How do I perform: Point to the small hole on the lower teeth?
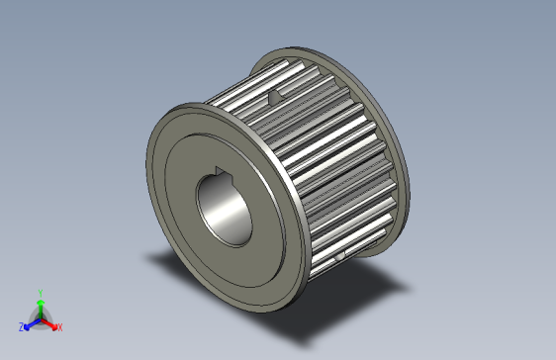pos(339,257)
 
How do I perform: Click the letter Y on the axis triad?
pos(40,292)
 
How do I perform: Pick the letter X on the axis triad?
pos(59,326)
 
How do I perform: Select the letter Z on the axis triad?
pos(21,326)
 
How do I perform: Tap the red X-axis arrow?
pos(50,322)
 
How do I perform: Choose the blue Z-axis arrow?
pos(30,322)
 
